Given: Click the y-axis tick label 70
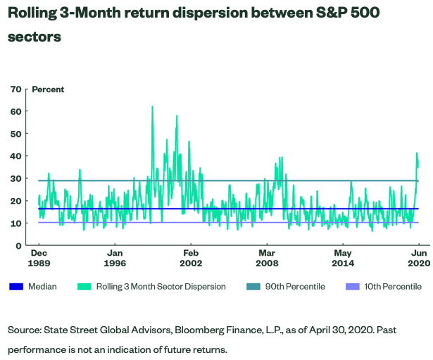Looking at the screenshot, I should pos(15,89).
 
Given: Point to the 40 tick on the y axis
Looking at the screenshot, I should pos(15,156).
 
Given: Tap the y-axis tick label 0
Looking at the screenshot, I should pos(18,246).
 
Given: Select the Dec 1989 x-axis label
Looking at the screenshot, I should pos(39,257).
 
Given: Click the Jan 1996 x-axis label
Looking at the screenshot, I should pos(115,257).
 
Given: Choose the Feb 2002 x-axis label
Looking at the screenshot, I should pos(191,257).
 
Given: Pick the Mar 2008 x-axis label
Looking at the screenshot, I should pos(267,257).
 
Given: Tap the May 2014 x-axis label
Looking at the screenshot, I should pos(343,257).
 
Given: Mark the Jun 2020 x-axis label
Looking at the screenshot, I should pos(418,257).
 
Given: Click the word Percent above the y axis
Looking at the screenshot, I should pos(48,89).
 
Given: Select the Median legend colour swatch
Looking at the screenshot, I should pos(18,287).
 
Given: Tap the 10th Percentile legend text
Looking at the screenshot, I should pos(391,287).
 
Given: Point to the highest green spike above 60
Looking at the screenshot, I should pos(152,107).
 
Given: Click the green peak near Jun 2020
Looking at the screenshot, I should pos(417,154).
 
